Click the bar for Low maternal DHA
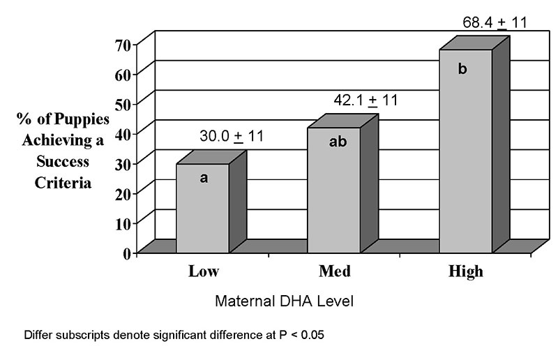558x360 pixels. (202, 209)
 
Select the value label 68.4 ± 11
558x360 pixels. (494, 22)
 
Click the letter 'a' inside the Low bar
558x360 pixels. (204, 178)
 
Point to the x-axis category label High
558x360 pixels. (465, 272)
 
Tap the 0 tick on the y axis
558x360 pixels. (127, 253)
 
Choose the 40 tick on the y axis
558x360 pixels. (123, 133)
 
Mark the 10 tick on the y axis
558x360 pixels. (123, 223)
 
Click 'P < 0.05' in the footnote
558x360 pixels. (296, 335)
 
